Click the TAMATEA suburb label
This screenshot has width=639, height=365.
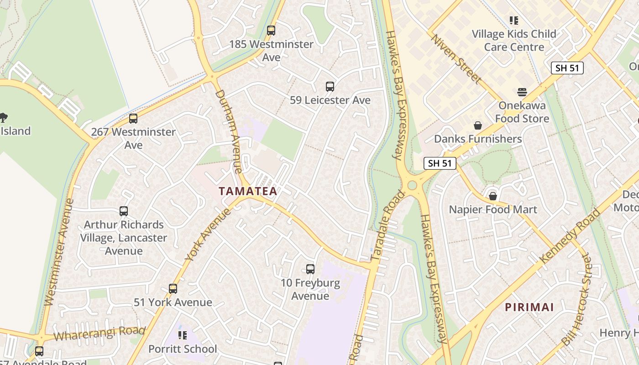click(x=248, y=191)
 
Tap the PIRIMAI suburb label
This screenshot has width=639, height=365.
click(x=529, y=307)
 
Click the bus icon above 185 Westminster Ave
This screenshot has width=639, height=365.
click(x=271, y=31)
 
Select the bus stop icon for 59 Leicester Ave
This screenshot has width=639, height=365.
click(x=330, y=86)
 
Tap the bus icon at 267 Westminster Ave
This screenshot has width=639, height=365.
click(x=133, y=119)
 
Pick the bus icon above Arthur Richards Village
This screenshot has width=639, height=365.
click(x=124, y=211)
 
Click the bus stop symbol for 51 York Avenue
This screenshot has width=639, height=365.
click(x=173, y=289)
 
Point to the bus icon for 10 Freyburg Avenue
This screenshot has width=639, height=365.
click(x=310, y=269)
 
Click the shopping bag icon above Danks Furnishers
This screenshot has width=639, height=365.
click(x=478, y=125)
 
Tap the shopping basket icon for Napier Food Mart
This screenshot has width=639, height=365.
click(x=492, y=196)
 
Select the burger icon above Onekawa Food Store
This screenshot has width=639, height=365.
click(x=522, y=92)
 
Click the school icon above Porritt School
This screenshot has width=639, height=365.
click(x=183, y=336)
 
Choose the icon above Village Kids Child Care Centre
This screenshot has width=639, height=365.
click(x=514, y=21)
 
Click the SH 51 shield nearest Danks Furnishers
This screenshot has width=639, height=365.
click(x=440, y=163)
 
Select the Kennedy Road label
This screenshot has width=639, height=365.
click(x=570, y=235)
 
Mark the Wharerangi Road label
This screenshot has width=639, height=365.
click(x=100, y=334)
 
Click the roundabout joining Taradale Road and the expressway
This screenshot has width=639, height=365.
click(x=412, y=185)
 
